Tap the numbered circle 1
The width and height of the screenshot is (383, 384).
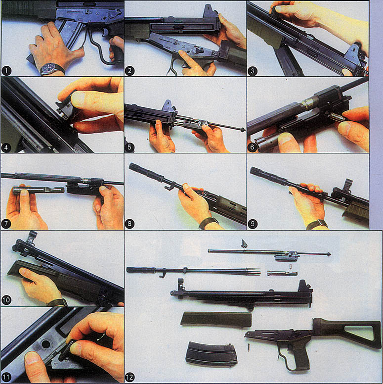click(x=6, y=71)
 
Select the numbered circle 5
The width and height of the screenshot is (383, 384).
click(x=129, y=147)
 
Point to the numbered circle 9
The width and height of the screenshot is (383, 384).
click(x=253, y=224)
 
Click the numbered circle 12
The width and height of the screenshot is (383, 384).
click(x=129, y=377)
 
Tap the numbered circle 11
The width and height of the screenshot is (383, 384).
click(x=6, y=377)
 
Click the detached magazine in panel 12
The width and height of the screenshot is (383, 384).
click(x=211, y=355)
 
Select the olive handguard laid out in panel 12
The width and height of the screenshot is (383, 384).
click(x=216, y=319)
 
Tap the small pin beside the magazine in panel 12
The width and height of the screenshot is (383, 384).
click(x=249, y=347)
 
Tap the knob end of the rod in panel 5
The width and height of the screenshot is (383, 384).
click(x=243, y=130)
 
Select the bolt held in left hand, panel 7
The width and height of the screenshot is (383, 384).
click(x=39, y=190)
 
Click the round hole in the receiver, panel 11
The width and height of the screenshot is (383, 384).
click(x=46, y=343)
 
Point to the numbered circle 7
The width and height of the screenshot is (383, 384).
click(x=6, y=224)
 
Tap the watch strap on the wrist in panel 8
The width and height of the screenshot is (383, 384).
click(x=209, y=222)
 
